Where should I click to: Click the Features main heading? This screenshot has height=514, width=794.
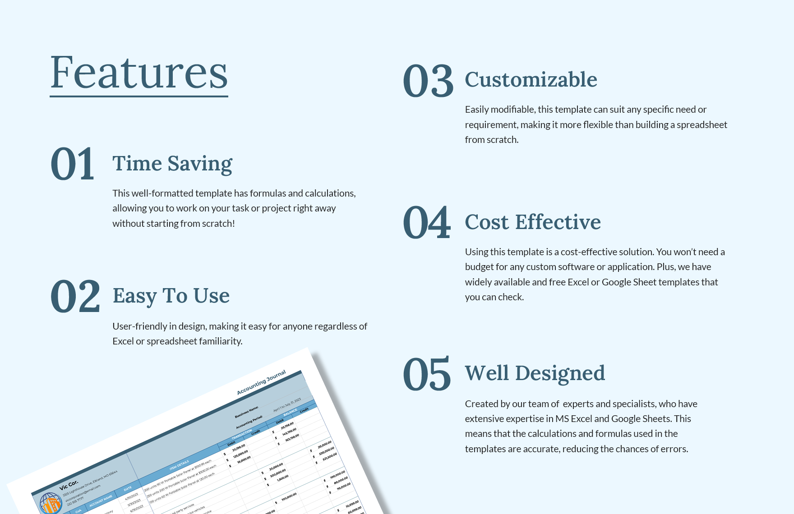pos(139,73)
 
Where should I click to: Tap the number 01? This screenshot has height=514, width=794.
pos(72,164)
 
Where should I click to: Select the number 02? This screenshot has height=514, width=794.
pos(75,297)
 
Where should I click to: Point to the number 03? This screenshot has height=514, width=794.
pos(428,81)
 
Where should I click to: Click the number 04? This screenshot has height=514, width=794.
pos(427,223)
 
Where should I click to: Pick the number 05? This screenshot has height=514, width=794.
pos(427,374)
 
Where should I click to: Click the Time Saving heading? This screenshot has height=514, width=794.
pos(172,164)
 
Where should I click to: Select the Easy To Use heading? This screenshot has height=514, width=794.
pos(171,296)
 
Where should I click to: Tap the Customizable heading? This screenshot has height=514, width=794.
pos(531,80)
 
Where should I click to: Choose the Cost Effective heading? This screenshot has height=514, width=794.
pos(533,222)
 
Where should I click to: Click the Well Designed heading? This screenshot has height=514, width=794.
pos(535,373)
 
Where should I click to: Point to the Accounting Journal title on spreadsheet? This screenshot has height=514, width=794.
pos(261,383)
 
